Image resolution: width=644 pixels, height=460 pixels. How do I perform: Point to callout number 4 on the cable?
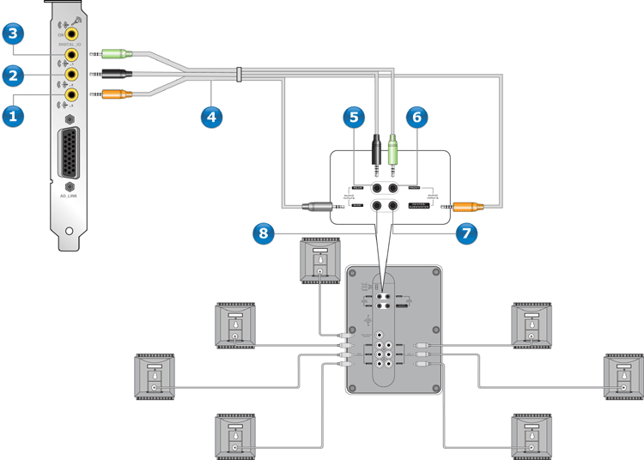[211, 114]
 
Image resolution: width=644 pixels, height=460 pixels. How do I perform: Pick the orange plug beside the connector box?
[468, 206]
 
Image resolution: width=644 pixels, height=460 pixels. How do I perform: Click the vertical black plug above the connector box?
[376, 150]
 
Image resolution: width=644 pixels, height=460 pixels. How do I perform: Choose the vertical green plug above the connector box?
[392, 152]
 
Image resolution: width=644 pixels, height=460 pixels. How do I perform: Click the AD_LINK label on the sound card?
[69, 196]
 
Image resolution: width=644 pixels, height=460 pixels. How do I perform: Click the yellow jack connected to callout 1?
[72, 94]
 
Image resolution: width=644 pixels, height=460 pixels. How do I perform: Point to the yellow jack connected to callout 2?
[72, 76]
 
